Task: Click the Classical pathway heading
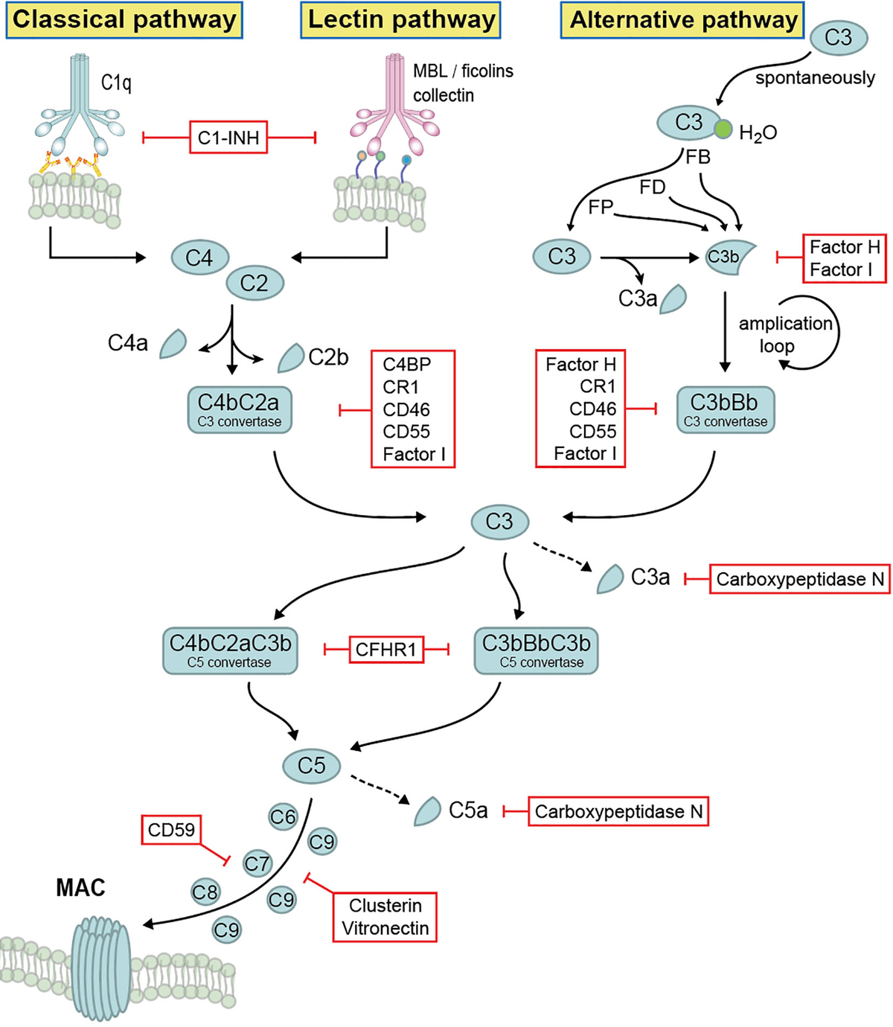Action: (x=124, y=20)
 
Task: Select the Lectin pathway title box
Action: (x=401, y=20)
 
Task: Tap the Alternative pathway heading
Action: (x=683, y=20)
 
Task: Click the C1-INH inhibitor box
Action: (x=228, y=137)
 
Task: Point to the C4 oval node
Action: (x=199, y=258)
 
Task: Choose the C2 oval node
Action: (x=255, y=283)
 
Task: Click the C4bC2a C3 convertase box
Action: (x=239, y=409)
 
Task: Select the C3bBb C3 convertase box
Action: (x=725, y=409)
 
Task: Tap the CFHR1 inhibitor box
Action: (x=386, y=650)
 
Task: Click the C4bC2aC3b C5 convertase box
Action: (x=230, y=650)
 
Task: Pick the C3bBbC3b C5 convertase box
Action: (x=536, y=650)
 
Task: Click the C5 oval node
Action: (x=312, y=765)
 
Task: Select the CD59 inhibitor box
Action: (x=171, y=830)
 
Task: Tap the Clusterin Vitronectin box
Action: (x=385, y=917)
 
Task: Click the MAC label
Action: (x=80, y=887)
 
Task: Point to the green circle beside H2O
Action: (x=723, y=129)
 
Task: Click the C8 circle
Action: (x=205, y=892)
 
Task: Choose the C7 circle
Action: (x=257, y=864)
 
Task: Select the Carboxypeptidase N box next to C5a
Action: (x=618, y=811)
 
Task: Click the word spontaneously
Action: (x=815, y=78)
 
